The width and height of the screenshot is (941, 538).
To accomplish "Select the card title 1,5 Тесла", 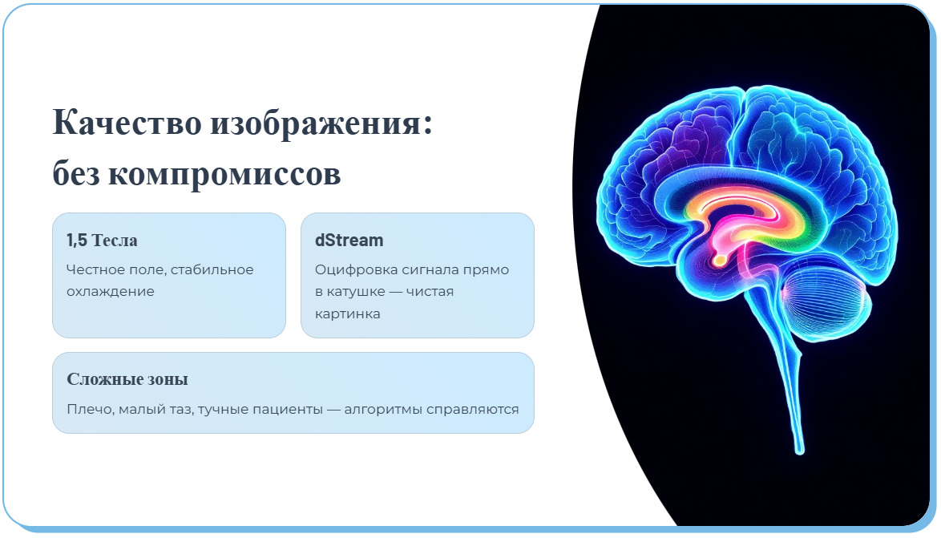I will (102, 241).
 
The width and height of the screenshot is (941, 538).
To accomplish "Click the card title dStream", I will (349, 241).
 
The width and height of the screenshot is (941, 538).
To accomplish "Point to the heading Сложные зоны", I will (127, 379).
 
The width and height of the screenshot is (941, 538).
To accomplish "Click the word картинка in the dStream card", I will (347, 313).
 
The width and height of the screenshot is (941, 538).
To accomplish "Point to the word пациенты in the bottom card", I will (289, 410).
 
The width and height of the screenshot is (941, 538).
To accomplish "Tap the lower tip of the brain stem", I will (798, 449).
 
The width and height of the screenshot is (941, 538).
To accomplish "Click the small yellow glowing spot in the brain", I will (721, 260).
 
